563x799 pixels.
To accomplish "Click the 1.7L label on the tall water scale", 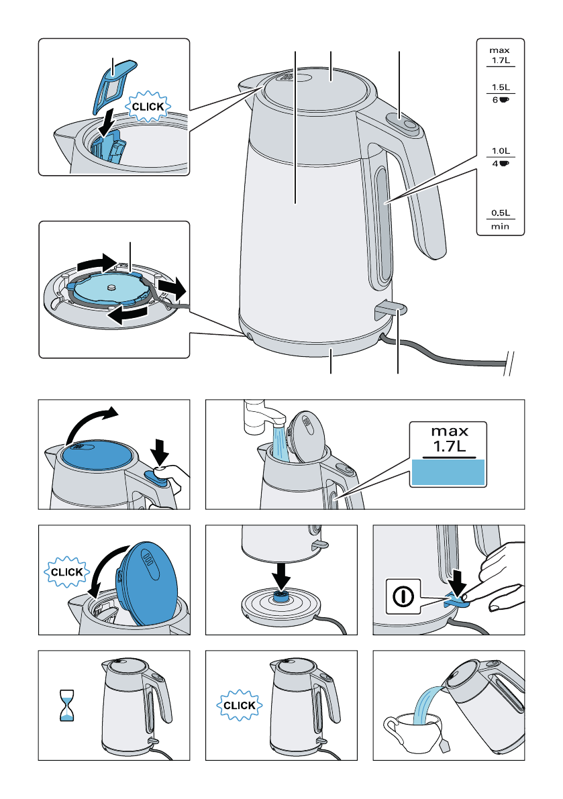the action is pyautogui.click(x=501, y=60).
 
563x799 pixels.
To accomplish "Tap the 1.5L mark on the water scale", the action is pyautogui.click(x=501, y=87).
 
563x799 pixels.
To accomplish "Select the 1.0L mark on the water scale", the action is pyautogui.click(x=501, y=151).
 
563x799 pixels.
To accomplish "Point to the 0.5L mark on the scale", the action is pyautogui.click(x=501, y=213).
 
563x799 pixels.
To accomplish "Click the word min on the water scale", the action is pyautogui.click(x=500, y=226).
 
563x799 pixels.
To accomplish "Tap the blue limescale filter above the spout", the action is pyautogui.click(x=113, y=87).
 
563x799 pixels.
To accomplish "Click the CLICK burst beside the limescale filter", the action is pyautogui.click(x=148, y=107).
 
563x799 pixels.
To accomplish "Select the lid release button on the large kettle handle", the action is pyautogui.click(x=403, y=123).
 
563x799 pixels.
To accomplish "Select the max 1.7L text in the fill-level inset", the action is pyautogui.click(x=448, y=439).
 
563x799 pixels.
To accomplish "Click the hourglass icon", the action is pyautogui.click(x=66, y=705).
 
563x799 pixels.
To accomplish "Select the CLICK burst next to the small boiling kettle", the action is pyautogui.click(x=239, y=706).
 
